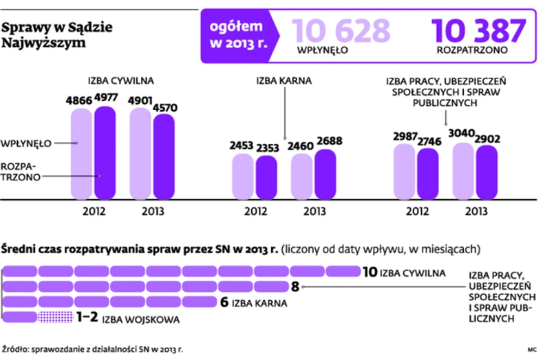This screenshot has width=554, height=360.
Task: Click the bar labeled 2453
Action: (x=242, y=176)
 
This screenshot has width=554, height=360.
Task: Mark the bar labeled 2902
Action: (x=486, y=170)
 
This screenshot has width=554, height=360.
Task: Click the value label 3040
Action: (x=462, y=132)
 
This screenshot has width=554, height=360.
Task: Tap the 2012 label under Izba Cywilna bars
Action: (x=94, y=211)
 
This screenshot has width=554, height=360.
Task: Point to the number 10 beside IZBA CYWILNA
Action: (x=369, y=272)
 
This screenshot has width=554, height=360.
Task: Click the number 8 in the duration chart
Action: (x=295, y=287)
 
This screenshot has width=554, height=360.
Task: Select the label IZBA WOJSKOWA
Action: (x=141, y=319)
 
